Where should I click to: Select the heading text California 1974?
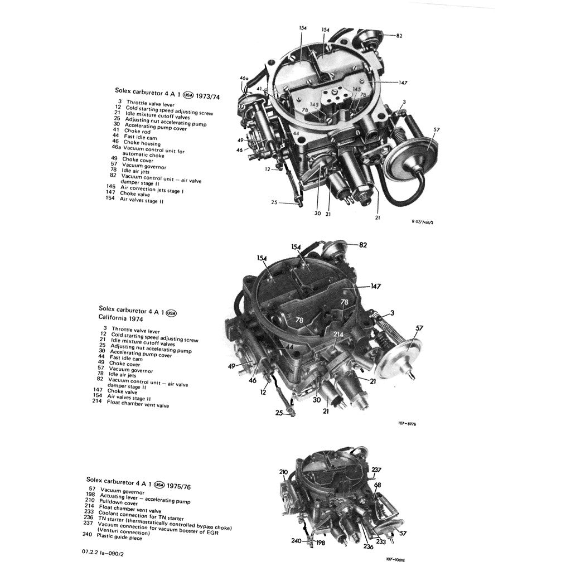[120, 319]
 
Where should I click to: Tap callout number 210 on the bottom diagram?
[283, 472]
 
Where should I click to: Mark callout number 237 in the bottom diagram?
[377, 470]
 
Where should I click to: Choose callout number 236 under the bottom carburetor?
[368, 547]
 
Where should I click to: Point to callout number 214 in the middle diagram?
[338, 334]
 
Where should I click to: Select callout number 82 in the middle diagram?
[363, 245]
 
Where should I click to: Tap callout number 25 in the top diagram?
[274, 203]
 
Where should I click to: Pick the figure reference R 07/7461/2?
[422, 222]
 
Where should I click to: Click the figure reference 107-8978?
[407, 424]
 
